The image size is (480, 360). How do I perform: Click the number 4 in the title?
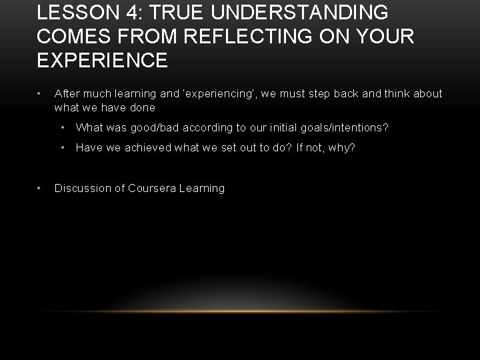pos(128,13)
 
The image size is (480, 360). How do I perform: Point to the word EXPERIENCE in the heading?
pos(103,61)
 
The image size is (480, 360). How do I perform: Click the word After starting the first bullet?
pos(68,94)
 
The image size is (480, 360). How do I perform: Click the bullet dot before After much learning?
pos(41,94)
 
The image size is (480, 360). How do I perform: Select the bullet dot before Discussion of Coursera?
pos(41,188)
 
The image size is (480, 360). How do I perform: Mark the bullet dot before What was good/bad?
pos(62,127)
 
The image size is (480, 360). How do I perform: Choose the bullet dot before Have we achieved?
pos(62,147)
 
